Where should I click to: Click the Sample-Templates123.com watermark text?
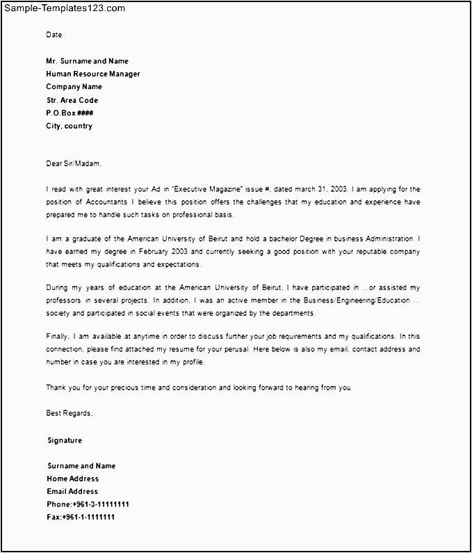pos(63,8)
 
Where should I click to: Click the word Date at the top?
pos(54,35)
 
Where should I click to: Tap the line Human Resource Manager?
pos(92,74)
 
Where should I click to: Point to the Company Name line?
pos(74,87)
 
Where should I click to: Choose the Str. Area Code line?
pos(72,100)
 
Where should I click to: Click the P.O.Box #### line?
pos(70,113)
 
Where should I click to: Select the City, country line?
pos(69,126)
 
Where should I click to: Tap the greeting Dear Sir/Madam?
pos(73,163)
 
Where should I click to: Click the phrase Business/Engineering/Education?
pos(360,301)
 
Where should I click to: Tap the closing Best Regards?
pos(69,413)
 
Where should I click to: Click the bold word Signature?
pos(65,440)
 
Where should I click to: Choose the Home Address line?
pos(73,479)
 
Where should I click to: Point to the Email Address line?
pos(72,492)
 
